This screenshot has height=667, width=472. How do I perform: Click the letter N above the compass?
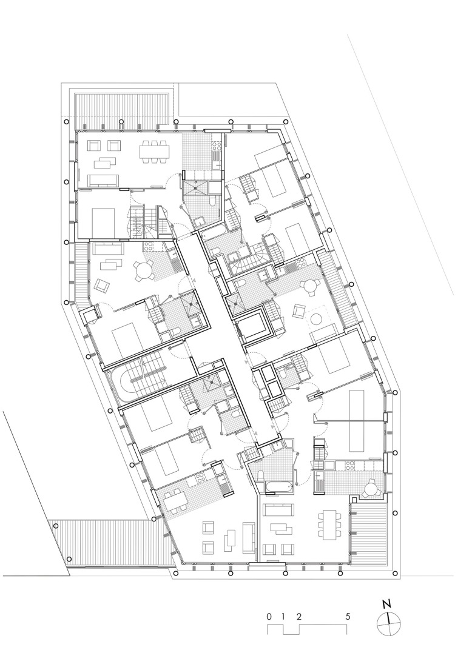[x=386, y=604]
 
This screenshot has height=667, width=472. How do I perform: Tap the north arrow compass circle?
[x=388, y=624]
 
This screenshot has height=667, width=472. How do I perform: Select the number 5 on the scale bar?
[x=348, y=616]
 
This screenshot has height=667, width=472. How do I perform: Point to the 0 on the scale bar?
[x=268, y=616]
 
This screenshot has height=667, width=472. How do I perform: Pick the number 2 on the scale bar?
[x=299, y=616]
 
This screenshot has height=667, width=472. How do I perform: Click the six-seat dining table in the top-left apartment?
[x=153, y=152]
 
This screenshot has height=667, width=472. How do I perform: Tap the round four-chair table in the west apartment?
[x=143, y=270]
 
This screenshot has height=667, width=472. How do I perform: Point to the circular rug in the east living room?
[x=317, y=319]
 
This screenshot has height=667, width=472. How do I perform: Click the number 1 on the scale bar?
[x=283, y=616]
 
